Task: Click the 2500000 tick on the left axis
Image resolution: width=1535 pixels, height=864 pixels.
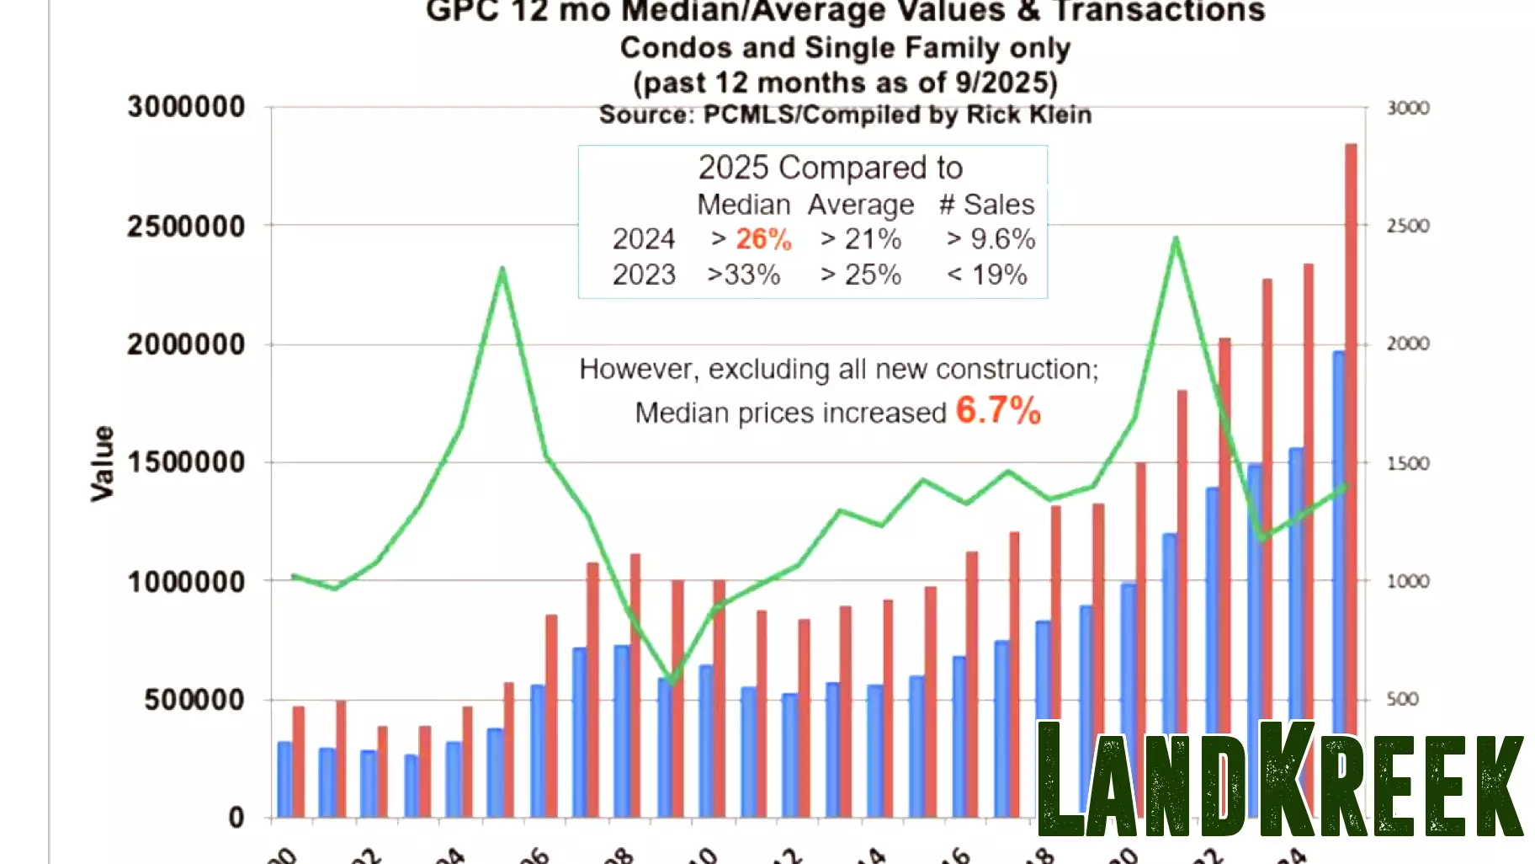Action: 186,227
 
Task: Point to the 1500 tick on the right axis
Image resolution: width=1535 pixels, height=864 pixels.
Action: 1407,463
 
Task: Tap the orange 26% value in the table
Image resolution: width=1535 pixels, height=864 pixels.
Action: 763,239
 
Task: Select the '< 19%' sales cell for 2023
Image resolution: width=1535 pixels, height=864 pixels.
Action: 987,275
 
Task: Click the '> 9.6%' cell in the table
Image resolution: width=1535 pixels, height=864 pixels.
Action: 991,239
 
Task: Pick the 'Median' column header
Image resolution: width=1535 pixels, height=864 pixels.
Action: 743,205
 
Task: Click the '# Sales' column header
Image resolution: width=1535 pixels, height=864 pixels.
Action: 986,205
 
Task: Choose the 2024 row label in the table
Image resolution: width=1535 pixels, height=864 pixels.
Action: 643,239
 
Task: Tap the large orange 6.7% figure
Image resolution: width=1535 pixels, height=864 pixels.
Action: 998,411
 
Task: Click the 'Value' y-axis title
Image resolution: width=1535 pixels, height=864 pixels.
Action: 103,463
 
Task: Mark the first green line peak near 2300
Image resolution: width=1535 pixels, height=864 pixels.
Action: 502,269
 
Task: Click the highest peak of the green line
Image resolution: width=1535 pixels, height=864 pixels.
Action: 1176,239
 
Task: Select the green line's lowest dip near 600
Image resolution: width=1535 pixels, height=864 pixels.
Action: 671,680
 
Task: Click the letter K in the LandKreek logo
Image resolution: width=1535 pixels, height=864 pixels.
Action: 1287,779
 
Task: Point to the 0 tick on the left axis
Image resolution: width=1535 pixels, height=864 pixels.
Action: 236,818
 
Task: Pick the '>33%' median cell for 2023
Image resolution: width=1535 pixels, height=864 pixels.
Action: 743,275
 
